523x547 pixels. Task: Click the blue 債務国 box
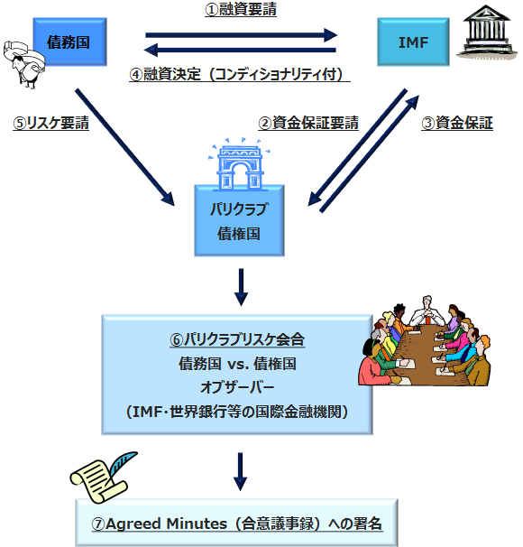[70, 42]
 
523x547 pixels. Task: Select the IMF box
[413, 42]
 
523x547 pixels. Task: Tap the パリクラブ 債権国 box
[239, 220]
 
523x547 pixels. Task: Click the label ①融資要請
[241, 9]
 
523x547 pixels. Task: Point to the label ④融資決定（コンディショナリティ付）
[240, 74]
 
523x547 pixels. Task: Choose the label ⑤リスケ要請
[50, 123]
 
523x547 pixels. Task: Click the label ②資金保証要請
[308, 123]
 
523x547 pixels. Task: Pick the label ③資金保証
[457, 123]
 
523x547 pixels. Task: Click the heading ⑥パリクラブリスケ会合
[237, 339]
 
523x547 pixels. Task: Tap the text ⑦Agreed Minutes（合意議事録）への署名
[237, 524]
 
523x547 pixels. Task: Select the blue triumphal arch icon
[239, 164]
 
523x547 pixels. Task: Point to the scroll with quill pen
[104, 477]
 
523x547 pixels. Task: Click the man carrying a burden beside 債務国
[23, 64]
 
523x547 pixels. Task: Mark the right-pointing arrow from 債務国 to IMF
[241, 35]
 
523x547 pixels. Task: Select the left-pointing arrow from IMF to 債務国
[240, 50]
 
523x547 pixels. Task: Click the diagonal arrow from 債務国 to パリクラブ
[124, 147]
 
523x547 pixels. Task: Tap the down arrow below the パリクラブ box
[241, 287]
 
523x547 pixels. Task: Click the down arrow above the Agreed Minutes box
[240, 472]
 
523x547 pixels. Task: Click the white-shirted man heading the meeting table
[427, 311]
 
